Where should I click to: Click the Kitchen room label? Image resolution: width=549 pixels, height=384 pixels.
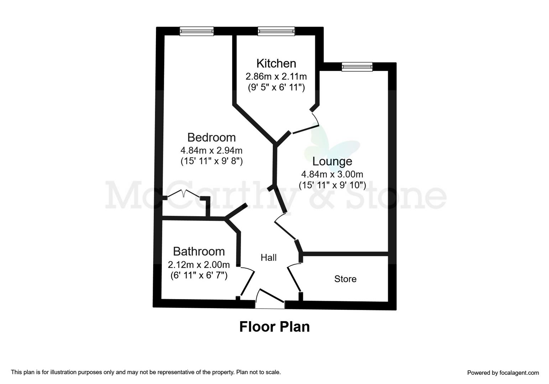click(276, 63)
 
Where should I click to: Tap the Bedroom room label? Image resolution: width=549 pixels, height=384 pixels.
click(211, 137)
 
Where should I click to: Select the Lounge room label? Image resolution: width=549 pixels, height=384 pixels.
click(332, 161)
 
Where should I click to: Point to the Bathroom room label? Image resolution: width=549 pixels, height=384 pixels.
click(199, 251)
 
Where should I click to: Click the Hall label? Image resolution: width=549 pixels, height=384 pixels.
click(268, 257)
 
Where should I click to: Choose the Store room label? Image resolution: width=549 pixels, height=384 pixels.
click(345, 279)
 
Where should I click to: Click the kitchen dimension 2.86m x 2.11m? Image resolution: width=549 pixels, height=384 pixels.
click(276, 76)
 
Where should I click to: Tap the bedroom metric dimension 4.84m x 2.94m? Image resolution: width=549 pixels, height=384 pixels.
click(211, 150)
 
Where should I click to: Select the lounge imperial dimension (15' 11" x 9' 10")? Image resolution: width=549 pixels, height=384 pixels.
click(332, 185)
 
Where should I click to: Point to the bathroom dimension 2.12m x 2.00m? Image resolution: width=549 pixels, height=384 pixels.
click(199, 265)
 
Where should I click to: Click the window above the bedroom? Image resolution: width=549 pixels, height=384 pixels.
click(197, 31)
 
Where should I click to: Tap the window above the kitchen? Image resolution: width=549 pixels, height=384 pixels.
click(276, 31)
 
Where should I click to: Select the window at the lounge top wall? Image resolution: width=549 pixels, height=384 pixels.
click(357, 67)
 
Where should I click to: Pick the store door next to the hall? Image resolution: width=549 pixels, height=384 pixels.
click(294, 278)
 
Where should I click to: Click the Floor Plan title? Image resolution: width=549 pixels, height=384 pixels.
click(274, 326)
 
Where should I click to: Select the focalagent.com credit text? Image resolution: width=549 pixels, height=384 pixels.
click(503, 373)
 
